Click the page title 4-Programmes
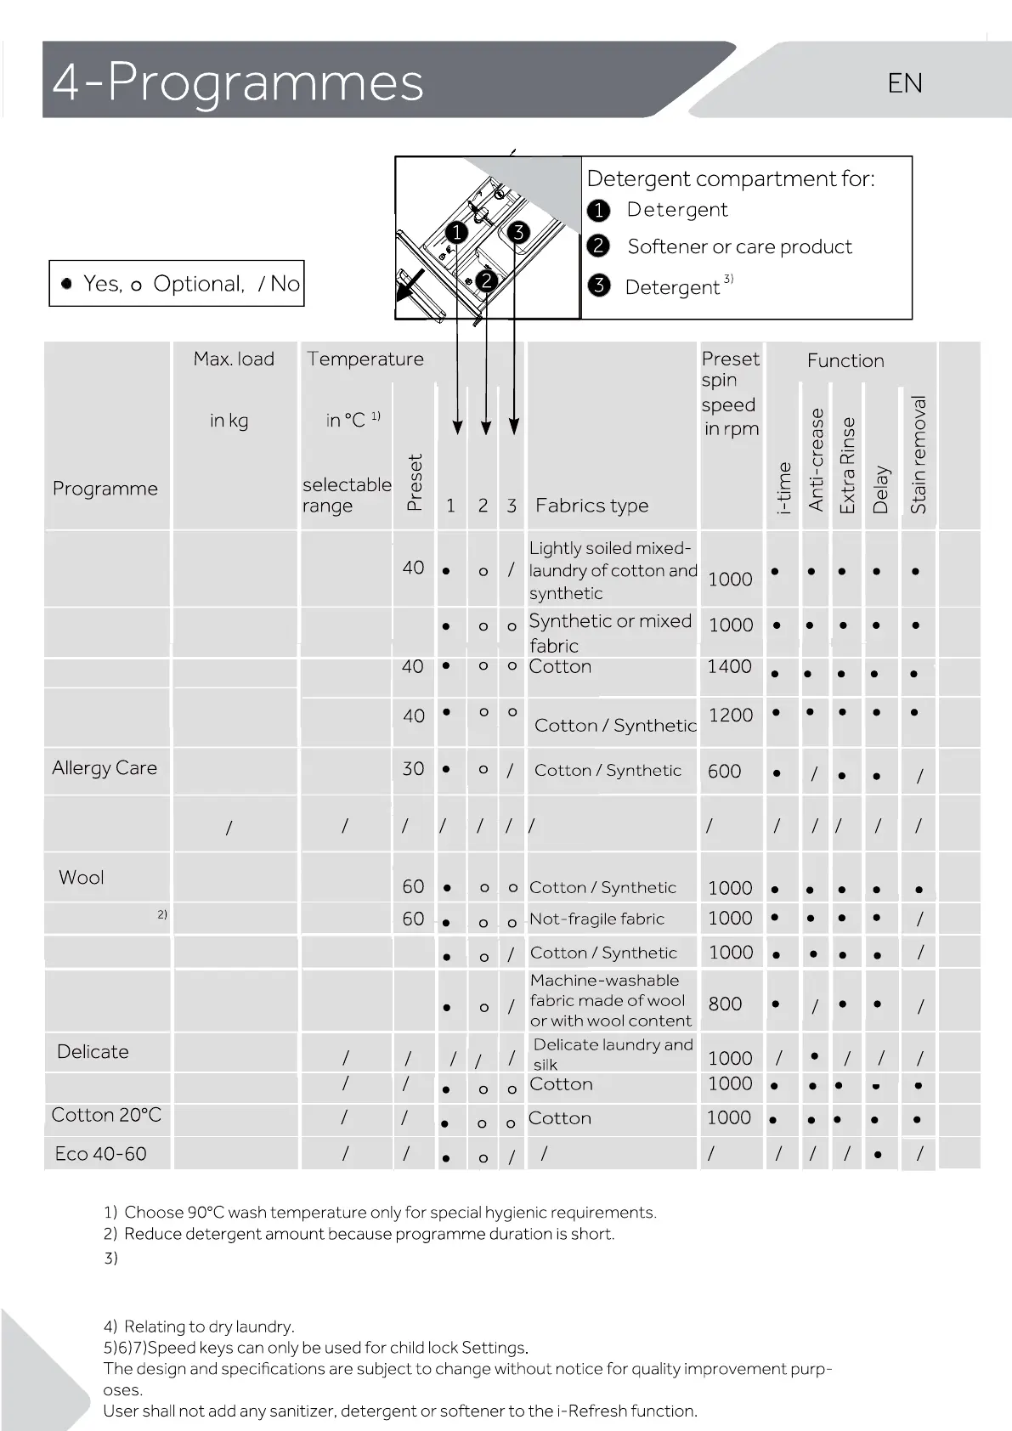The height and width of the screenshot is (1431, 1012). (238, 82)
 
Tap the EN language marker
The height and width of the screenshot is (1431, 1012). (905, 83)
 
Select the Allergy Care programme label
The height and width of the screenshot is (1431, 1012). (105, 768)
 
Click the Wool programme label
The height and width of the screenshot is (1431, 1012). (82, 878)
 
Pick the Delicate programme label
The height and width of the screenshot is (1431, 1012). (93, 1052)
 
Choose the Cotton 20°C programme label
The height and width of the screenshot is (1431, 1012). (106, 1115)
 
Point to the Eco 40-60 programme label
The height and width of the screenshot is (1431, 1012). (100, 1154)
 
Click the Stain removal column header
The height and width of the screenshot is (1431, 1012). (918, 455)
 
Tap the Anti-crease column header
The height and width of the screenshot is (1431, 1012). (817, 460)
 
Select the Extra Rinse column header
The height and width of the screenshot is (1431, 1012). (847, 466)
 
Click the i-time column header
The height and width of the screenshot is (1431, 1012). (784, 489)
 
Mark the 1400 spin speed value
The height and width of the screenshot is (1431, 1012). (729, 666)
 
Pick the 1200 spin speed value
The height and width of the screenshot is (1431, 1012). (731, 715)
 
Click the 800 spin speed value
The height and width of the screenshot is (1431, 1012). (725, 1004)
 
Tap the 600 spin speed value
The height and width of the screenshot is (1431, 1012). (724, 772)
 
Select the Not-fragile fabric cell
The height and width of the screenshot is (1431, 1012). (596, 919)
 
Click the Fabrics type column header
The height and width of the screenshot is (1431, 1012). (591, 506)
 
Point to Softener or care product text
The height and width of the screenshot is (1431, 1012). (739, 246)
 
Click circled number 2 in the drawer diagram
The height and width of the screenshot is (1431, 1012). (486, 280)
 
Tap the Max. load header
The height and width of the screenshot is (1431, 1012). (234, 359)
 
